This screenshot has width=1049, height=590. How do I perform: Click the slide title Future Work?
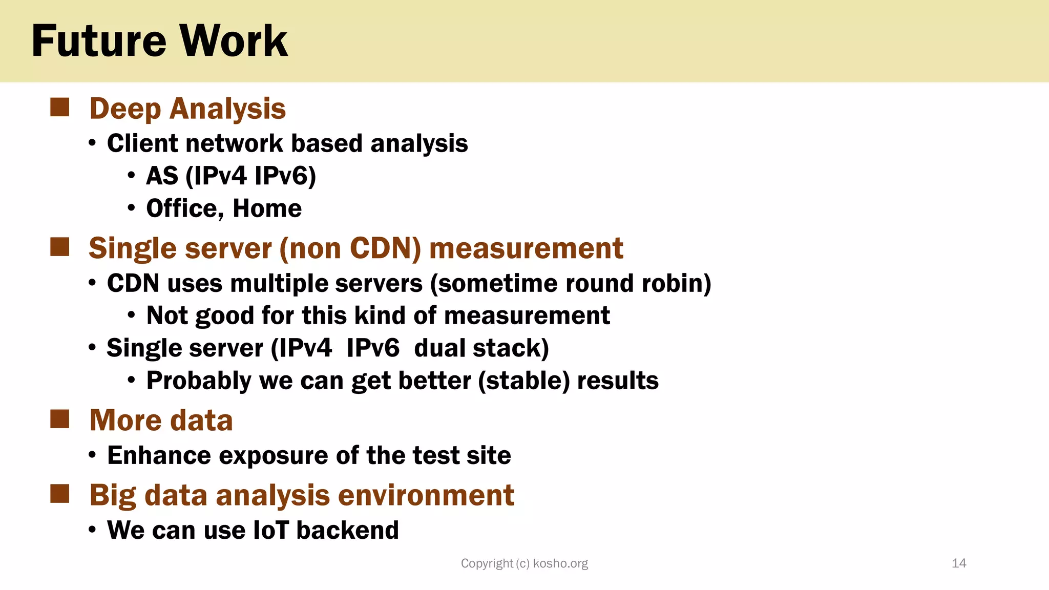click(x=159, y=41)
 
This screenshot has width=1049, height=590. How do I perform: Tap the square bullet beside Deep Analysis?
click(x=60, y=108)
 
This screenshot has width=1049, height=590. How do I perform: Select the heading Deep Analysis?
click(x=187, y=109)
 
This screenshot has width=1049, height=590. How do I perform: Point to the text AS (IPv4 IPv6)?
click(x=231, y=176)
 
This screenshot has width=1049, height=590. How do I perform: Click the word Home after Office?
click(x=267, y=209)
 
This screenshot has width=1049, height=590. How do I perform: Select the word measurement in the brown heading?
click(x=526, y=249)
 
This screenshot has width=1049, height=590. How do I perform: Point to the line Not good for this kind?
click(x=378, y=315)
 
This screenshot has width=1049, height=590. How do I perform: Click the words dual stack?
click(x=481, y=348)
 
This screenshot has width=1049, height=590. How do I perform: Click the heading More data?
click(x=161, y=420)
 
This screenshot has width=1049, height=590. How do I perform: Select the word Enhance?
click(x=159, y=455)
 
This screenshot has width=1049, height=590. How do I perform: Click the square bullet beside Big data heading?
click(x=60, y=494)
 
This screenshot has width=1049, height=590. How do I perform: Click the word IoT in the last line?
click(x=271, y=530)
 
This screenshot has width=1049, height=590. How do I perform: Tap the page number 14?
click(x=958, y=563)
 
